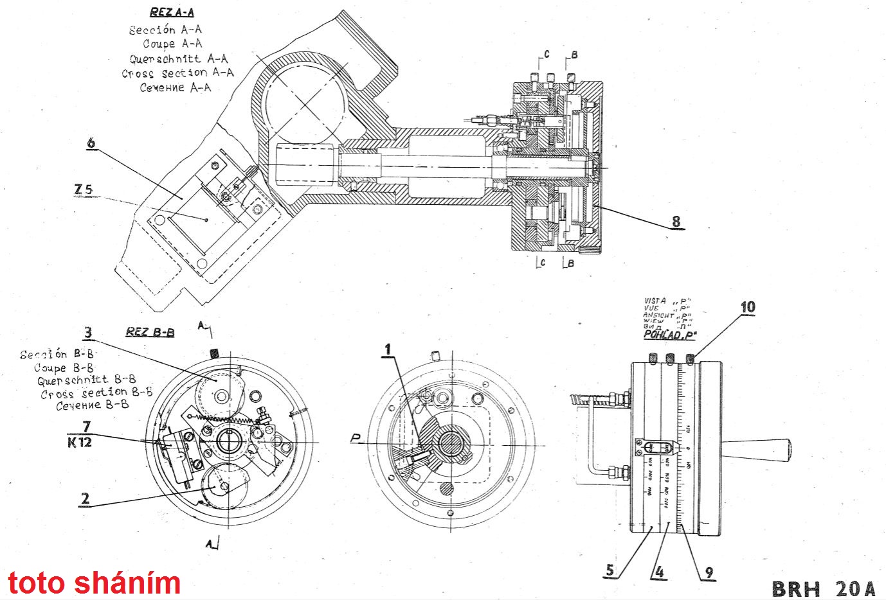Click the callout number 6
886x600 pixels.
(x=91, y=143)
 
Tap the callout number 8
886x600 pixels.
(x=676, y=222)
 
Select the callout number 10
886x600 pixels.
(x=748, y=307)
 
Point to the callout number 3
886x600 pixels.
(x=88, y=333)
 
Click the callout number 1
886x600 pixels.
(x=387, y=349)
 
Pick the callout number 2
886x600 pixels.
(x=86, y=499)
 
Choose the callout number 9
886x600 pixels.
(x=709, y=572)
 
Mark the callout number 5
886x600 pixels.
(x=610, y=570)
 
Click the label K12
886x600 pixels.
(x=80, y=442)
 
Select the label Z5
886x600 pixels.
(x=83, y=190)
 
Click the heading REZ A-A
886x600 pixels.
(x=172, y=12)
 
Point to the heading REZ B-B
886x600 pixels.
(x=150, y=332)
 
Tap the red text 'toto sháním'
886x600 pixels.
(x=94, y=583)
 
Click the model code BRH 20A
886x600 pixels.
(x=824, y=588)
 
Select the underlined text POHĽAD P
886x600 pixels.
(x=670, y=335)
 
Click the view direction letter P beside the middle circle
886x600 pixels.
(x=356, y=439)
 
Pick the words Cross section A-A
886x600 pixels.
(x=177, y=73)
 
